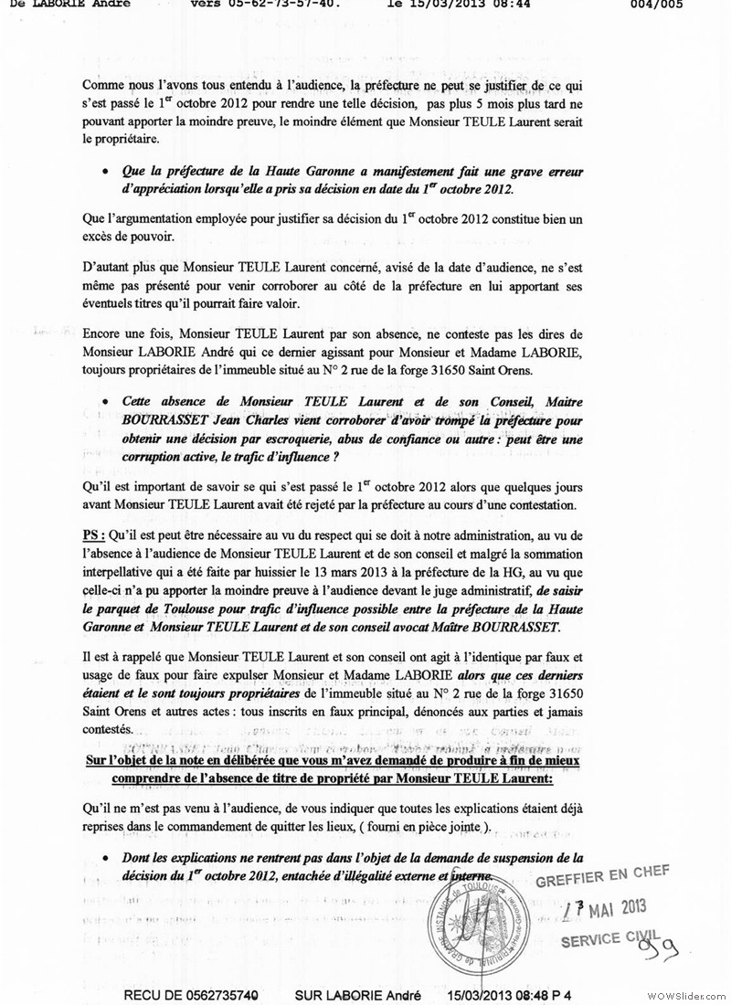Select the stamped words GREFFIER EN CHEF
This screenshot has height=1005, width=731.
(603, 875)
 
